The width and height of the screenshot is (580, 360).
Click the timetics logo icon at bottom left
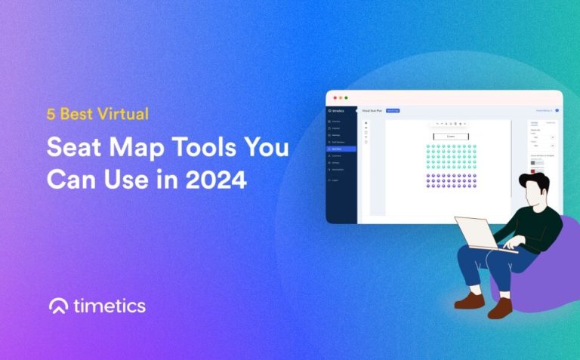pos(58,306)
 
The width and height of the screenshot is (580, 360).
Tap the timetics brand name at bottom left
pos(110,306)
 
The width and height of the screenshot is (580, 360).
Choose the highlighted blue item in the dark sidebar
pos(341,149)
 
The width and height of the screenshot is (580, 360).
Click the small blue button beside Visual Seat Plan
pos(393,111)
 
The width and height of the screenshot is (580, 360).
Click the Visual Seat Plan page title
pos(372,111)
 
